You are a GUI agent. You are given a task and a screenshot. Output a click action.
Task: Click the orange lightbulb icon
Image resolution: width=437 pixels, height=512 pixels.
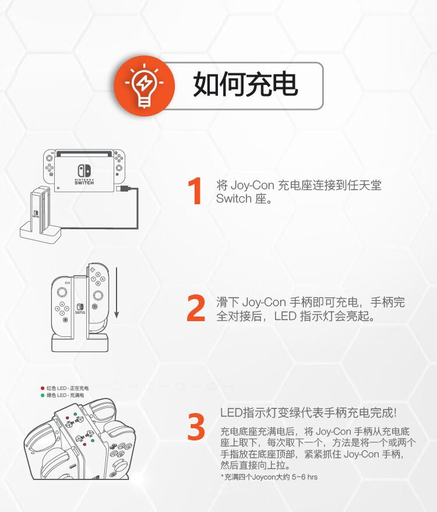(x=144, y=86)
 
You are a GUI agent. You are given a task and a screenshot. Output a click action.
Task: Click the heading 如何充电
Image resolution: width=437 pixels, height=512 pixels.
(x=245, y=84)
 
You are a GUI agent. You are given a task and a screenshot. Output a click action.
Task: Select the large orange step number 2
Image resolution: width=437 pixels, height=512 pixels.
(x=196, y=308)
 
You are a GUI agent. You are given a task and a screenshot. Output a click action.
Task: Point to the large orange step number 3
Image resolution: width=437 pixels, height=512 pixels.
(x=196, y=426)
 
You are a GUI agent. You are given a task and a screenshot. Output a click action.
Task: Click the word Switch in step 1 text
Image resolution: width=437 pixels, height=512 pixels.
(x=234, y=198)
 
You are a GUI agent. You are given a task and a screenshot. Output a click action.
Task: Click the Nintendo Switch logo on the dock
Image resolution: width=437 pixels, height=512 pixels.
(x=84, y=175)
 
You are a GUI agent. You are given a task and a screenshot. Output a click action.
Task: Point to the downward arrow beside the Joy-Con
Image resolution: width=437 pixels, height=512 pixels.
(x=117, y=293)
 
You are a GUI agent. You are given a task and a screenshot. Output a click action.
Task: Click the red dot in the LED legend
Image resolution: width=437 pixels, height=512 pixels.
(x=42, y=388)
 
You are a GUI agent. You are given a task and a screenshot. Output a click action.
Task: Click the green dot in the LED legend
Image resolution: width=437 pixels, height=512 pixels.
(x=42, y=395)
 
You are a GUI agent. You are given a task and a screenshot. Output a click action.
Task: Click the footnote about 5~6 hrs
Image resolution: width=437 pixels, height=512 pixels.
(x=269, y=477)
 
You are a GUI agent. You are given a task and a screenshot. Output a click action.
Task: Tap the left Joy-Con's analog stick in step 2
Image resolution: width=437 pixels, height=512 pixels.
(x=62, y=291)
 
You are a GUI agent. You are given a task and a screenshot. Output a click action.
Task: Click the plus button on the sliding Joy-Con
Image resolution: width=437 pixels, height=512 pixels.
(x=93, y=270)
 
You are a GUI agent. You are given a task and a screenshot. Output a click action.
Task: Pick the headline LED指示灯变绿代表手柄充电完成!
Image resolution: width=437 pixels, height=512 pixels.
(x=308, y=413)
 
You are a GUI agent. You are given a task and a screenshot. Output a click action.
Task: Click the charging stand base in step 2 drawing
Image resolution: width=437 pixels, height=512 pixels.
(x=80, y=343)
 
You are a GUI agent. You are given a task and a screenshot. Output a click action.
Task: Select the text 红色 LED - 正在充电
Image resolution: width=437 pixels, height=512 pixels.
(x=68, y=388)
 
